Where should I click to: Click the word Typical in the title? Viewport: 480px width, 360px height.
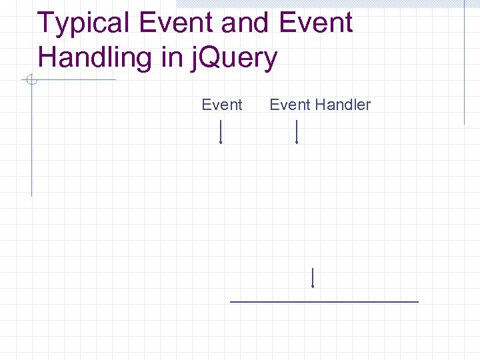85,23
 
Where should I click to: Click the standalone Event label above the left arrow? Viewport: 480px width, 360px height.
222,105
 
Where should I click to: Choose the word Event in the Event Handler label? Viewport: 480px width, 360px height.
290,105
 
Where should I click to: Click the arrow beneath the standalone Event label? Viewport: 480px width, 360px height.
221,132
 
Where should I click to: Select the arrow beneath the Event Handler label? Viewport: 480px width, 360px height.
296,132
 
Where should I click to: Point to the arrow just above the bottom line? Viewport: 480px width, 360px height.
313,277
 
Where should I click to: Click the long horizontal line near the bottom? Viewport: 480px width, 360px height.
324,302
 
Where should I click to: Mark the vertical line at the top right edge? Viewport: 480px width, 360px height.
464,63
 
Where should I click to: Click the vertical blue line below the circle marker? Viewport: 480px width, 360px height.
31,140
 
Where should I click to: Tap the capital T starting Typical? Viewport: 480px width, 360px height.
46,23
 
